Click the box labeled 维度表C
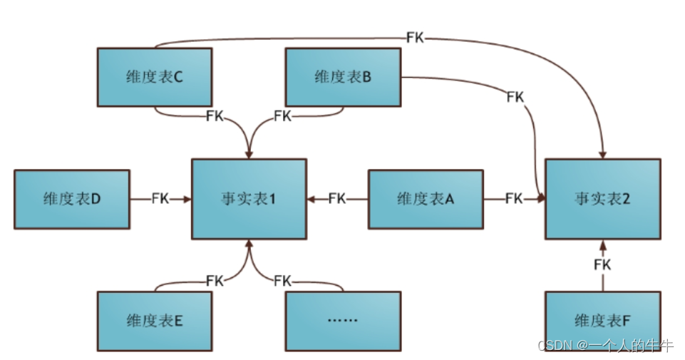tap(154, 77)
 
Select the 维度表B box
tap(343, 77)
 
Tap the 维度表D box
tap(72, 199)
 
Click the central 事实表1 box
tap(249, 199)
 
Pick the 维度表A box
tap(426, 199)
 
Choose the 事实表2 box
tap(602, 199)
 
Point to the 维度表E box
tap(154, 321)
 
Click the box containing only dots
tap(343, 321)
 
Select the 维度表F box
tap(602, 321)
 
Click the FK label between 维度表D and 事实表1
tap(160, 199)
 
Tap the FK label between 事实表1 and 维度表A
tap(337, 199)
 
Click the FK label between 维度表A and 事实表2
tap(514, 199)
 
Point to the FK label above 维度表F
tap(602, 265)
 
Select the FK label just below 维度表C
tap(215, 115)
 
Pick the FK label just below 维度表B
tap(282, 115)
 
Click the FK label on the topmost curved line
tap(415, 38)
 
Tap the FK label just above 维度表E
tap(215, 280)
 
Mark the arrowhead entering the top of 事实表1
tap(249, 154)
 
